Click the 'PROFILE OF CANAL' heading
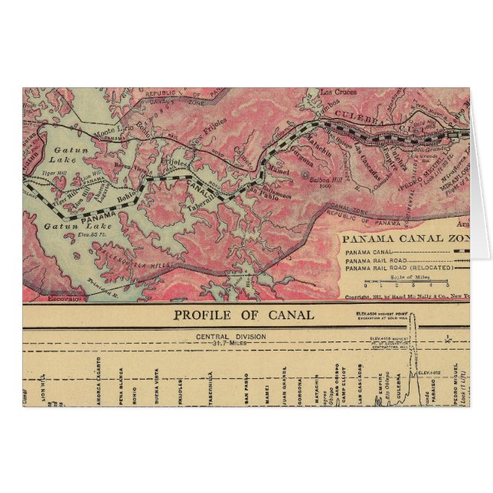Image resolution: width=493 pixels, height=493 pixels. coord(243,315)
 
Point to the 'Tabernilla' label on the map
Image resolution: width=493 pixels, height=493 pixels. coord(197,207)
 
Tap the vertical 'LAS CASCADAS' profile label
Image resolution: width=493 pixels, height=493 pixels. coord(359,380)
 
